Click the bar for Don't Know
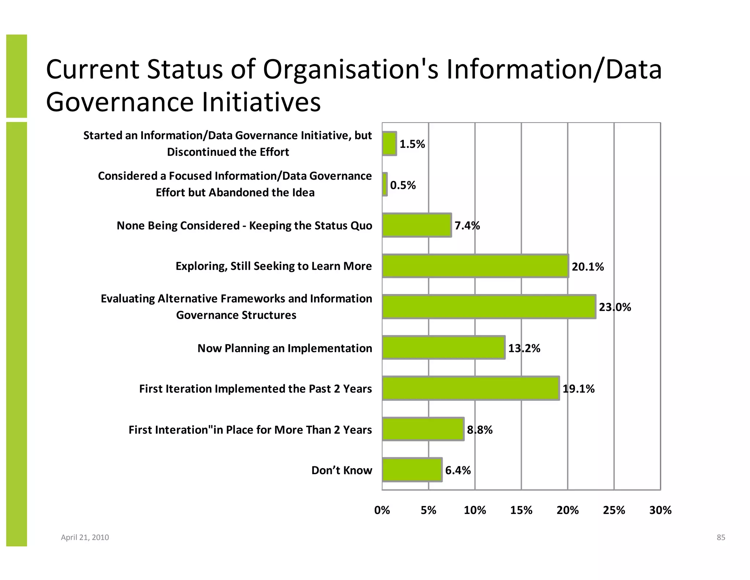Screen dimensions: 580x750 click(x=412, y=470)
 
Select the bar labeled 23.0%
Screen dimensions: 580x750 click(x=489, y=306)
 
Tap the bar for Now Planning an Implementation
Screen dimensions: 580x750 click(x=443, y=348)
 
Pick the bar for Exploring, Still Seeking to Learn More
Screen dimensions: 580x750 click(x=475, y=266)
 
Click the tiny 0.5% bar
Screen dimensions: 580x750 click(x=385, y=184)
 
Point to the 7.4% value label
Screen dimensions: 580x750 click(x=467, y=225)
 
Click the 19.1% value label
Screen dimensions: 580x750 click(x=578, y=389)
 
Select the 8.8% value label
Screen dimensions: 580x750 click(x=479, y=430)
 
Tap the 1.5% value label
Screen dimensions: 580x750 click(x=412, y=144)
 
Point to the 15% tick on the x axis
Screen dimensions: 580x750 click(x=521, y=510)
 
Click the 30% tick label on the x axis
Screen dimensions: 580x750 click(x=660, y=510)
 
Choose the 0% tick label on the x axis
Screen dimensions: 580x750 click(x=382, y=510)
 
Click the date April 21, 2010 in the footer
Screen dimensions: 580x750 click(x=85, y=537)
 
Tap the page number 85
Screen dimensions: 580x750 click(x=721, y=537)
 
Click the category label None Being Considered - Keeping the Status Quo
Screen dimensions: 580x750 click(x=244, y=225)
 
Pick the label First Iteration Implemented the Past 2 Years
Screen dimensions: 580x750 click(x=255, y=389)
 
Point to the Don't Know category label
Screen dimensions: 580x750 click(x=341, y=470)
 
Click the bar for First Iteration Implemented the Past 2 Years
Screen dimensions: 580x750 click(x=471, y=388)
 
